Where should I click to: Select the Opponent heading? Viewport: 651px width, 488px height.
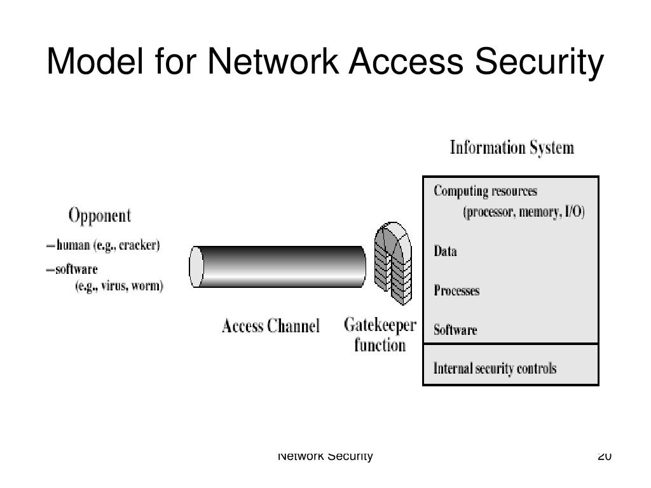coord(99,215)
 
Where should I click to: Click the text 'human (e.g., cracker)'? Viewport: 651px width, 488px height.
coord(107,245)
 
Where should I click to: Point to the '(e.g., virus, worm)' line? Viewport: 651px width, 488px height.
coord(119,286)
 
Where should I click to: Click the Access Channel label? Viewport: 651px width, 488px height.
coord(270,327)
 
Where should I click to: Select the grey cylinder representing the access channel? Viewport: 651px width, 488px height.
coord(277,267)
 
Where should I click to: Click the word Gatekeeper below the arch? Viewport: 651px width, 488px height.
coord(380,325)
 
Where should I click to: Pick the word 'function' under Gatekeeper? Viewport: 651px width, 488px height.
coord(380,346)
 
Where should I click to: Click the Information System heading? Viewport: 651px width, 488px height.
coord(512,148)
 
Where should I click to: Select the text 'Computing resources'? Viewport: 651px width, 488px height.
coord(485,191)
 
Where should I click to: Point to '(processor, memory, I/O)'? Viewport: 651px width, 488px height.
coord(523,212)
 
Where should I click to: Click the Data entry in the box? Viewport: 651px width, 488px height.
coord(445,251)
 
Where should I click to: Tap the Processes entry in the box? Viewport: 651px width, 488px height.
coord(456,291)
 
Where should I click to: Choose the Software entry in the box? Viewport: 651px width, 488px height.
coord(455,330)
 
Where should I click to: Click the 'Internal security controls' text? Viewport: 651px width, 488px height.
coord(495,368)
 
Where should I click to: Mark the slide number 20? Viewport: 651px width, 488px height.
coord(605,456)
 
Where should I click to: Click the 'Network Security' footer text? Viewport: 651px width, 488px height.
coord(325,456)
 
